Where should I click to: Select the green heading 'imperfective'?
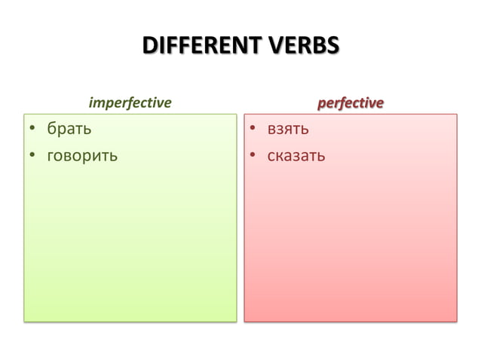[130, 102]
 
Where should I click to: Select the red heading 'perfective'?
[350, 102]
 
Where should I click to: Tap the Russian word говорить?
[83, 157]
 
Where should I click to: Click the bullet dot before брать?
[32, 131]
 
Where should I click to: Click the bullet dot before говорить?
[32, 157]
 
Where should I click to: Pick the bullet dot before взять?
[255, 131]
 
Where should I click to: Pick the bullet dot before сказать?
[255, 157]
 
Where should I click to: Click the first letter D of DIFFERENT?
[149, 46]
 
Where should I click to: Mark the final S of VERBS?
[332, 46]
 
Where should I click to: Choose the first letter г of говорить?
[51, 157]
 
